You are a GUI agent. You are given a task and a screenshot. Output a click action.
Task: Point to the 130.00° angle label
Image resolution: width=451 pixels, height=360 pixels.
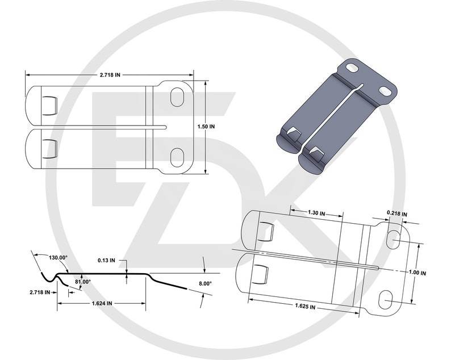coord(55,257)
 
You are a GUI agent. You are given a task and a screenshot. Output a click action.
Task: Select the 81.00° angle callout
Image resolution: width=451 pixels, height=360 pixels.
coord(83,282)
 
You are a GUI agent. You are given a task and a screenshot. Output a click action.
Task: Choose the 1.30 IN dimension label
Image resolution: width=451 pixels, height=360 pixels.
coord(316,213)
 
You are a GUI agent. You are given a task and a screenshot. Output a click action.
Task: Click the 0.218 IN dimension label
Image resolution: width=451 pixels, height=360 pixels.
coord(398,213)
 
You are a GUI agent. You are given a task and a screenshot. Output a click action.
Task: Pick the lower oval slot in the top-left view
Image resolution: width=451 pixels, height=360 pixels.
coord(178,154)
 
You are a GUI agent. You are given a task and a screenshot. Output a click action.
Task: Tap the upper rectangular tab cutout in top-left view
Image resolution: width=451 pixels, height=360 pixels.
coord(49,104)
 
